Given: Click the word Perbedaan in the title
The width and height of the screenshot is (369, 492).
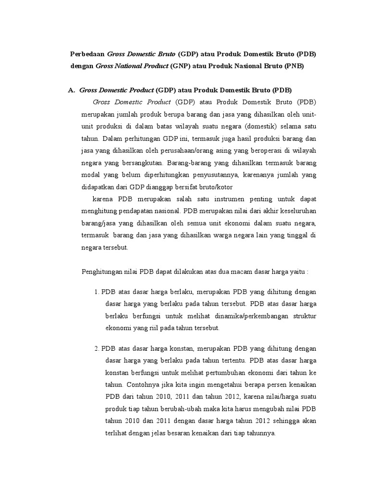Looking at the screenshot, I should [87, 54].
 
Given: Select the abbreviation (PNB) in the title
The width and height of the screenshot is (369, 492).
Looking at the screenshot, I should [293, 67].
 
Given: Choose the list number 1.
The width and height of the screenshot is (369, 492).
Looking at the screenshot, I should [97, 292].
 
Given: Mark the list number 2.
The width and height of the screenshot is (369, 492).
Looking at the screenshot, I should [97, 348].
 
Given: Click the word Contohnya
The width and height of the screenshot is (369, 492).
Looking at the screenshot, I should [144, 384].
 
